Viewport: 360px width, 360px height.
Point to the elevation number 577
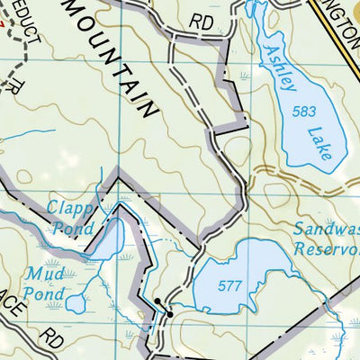pyautogui.click(x=231, y=286)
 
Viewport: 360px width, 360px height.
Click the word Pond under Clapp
pyautogui.click(x=74, y=229)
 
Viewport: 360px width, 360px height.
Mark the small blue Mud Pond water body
pyautogui.click(x=76, y=303)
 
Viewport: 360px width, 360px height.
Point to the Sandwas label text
pyautogui.click(x=326, y=229)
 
